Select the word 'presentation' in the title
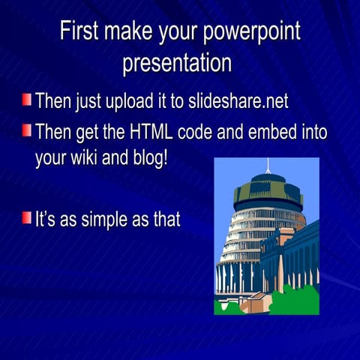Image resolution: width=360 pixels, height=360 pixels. (177, 62)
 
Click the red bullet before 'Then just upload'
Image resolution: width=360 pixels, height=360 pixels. (27, 98)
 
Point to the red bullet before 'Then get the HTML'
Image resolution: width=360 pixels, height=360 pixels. (27, 132)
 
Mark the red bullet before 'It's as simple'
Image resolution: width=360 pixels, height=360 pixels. (27, 218)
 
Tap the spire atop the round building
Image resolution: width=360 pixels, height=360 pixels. (268, 165)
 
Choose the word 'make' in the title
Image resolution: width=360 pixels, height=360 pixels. (127, 32)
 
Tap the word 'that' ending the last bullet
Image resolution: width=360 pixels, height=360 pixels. (164, 219)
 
